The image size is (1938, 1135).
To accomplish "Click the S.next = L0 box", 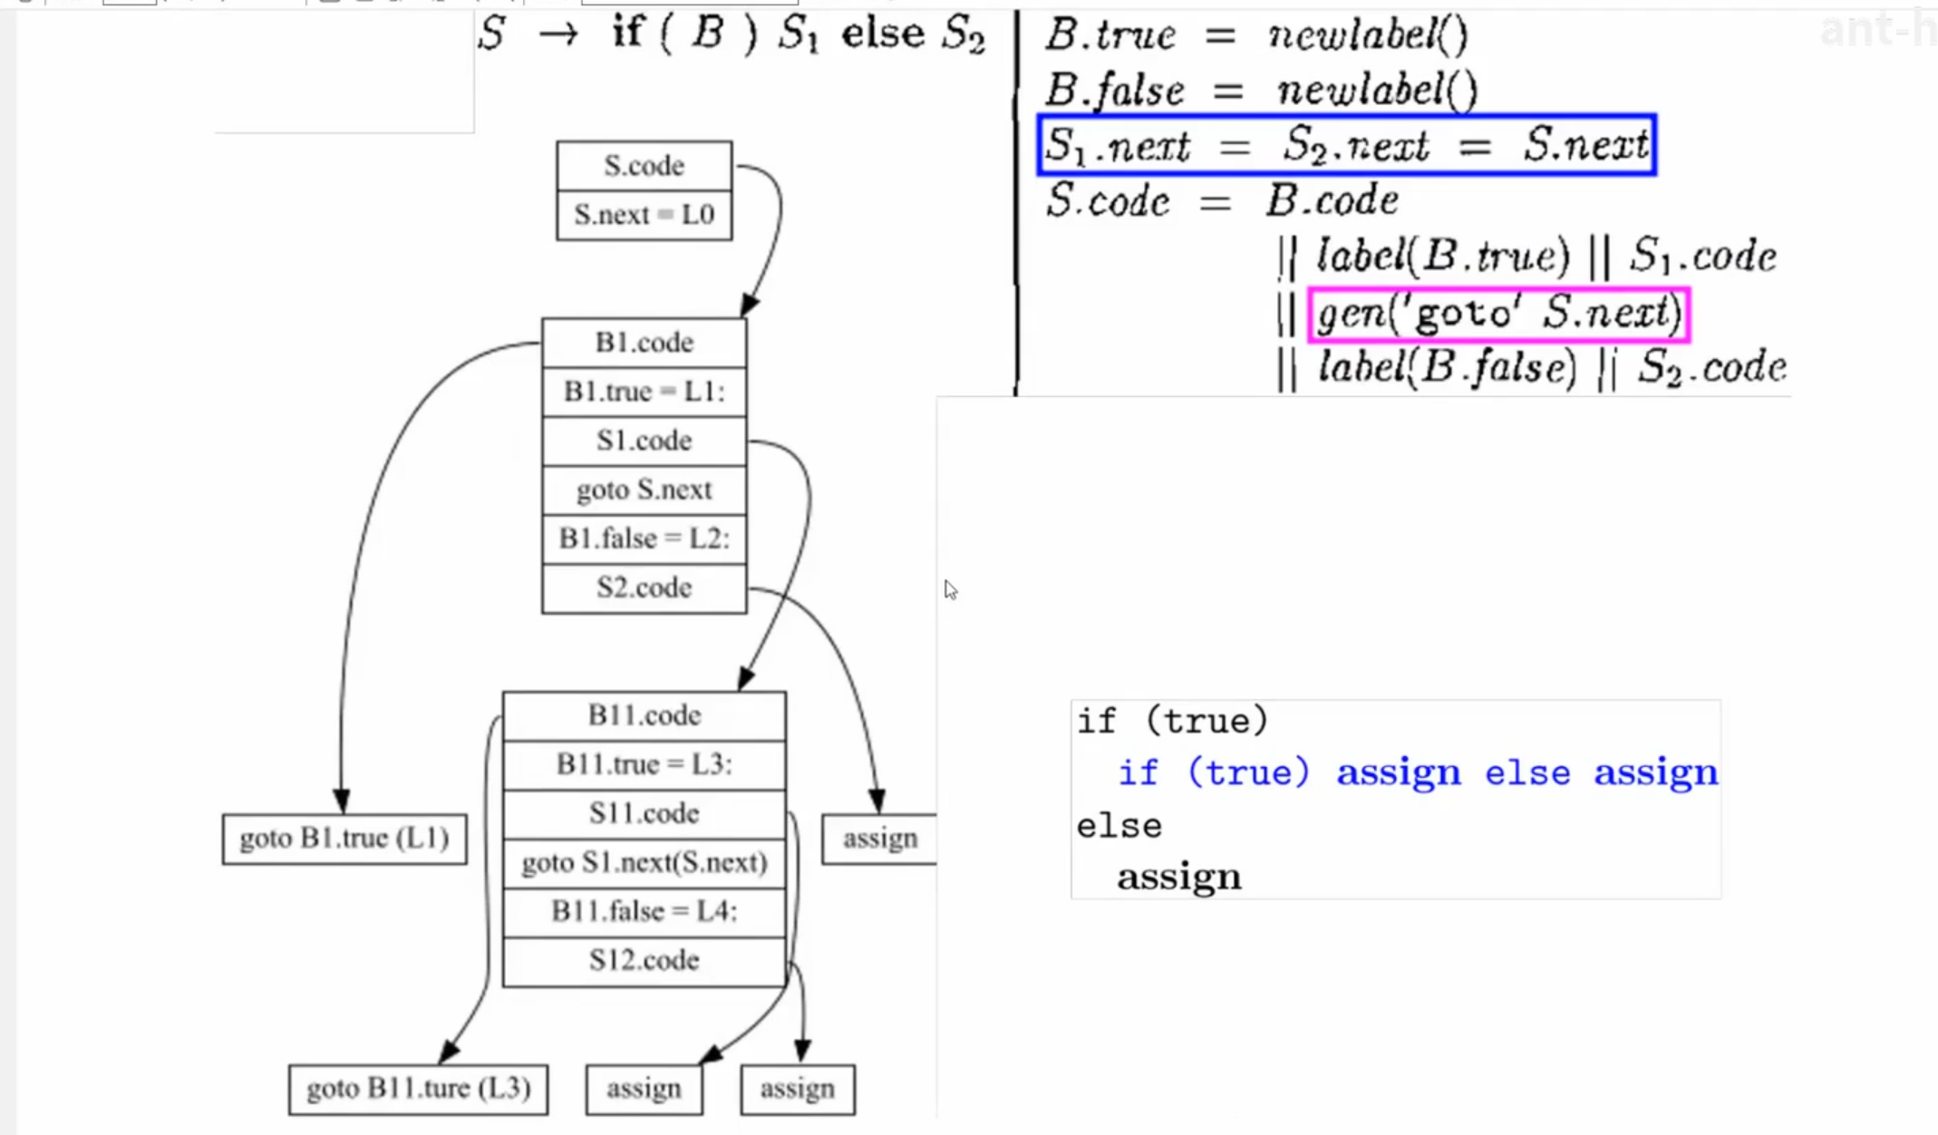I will [644, 216].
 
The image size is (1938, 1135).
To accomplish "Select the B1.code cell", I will [644, 343].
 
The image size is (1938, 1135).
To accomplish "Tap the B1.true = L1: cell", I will [644, 392].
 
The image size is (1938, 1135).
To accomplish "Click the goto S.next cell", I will [644, 490].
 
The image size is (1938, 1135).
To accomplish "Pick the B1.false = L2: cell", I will [644, 538].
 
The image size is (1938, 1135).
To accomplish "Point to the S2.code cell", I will [644, 587].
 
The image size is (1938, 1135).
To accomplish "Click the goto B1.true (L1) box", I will [344, 839].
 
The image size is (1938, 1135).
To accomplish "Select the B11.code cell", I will [644, 715].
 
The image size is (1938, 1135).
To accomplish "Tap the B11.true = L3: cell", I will [644, 764].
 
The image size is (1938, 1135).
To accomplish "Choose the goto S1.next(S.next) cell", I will [644, 862].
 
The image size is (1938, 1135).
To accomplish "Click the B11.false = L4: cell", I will [644, 910].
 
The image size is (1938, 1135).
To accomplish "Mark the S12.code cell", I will [644, 960].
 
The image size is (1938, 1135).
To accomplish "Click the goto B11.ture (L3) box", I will [418, 1089].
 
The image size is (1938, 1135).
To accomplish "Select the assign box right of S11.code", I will [878, 839].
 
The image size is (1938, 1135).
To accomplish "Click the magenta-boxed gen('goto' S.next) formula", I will [1498, 315].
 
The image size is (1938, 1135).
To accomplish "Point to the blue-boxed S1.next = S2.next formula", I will [1347, 145].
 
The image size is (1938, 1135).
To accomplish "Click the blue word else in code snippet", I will [1526, 773].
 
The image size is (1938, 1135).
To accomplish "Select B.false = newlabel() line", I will [1260, 91].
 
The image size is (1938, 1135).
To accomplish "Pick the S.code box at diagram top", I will [644, 166].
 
